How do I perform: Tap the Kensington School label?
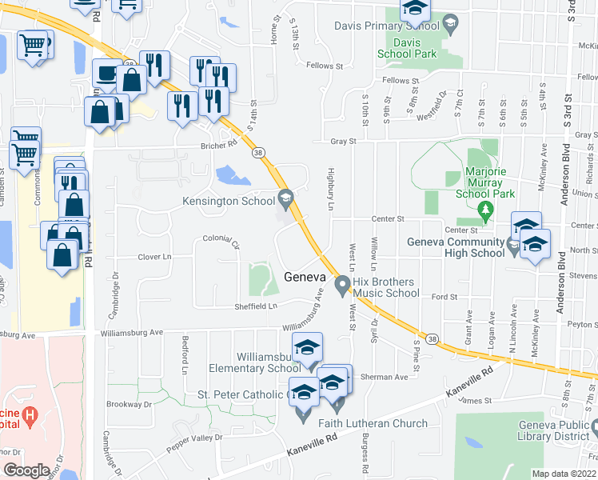coord(229,201)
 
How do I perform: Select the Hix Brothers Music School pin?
coord(343,283)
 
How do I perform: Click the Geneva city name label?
coord(304,277)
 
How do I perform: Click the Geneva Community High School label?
coord(454,248)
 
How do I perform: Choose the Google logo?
coord(26,470)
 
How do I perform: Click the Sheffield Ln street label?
coord(256,306)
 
